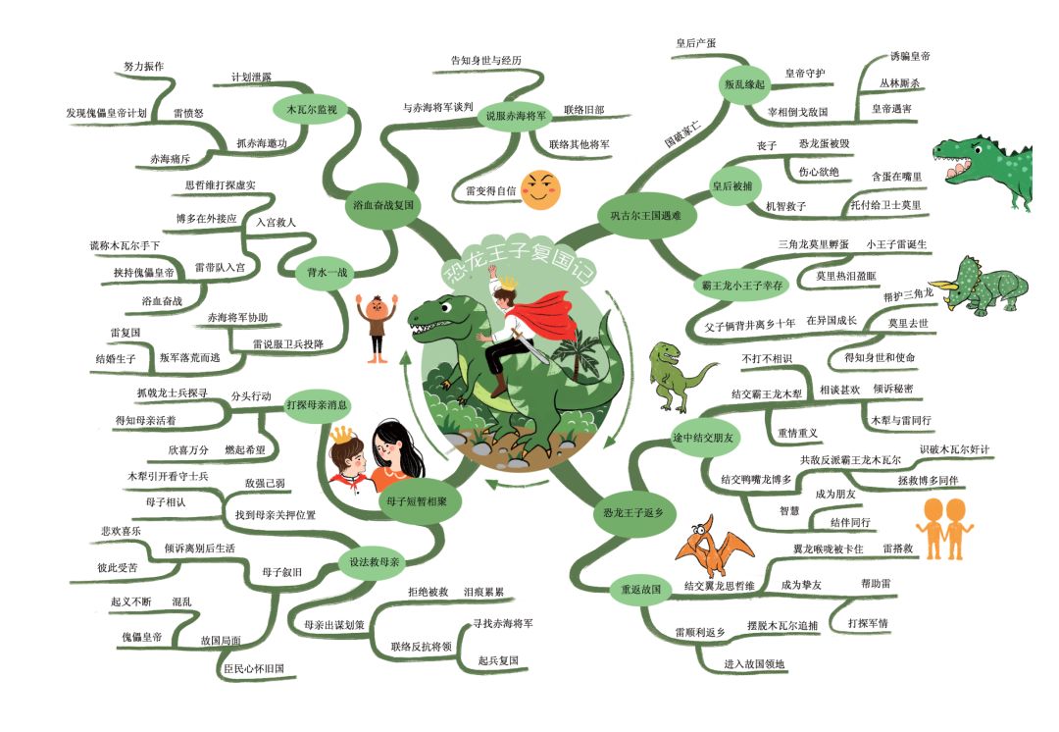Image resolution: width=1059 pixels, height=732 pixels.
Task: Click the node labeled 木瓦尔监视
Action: coord(312,109)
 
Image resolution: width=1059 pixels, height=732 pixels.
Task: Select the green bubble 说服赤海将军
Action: coord(516,116)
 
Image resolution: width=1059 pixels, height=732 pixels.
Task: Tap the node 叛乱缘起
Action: coord(744,84)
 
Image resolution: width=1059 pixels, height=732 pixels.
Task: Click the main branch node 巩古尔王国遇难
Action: coord(645,216)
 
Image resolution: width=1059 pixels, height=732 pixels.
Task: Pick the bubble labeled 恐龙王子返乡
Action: coord(632,513)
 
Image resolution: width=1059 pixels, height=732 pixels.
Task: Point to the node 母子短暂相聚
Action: coord(416,501)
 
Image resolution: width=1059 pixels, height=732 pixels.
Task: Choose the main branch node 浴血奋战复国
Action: coord(383,205)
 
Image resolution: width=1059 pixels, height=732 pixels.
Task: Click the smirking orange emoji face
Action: coord(541,189)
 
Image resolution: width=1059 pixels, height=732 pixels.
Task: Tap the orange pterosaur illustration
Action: coord(715,547)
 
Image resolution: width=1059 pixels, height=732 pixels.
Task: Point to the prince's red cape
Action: coord(552,314)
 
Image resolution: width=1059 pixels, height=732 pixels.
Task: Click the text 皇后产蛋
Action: coord(695,43)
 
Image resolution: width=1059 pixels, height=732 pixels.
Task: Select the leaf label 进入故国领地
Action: coord(754,663)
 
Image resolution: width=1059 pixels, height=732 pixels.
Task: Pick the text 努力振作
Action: coord(143,67)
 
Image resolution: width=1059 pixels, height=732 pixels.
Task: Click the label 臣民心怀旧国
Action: coord(254,668)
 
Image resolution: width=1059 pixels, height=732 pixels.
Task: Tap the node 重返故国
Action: coord(641,589)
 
